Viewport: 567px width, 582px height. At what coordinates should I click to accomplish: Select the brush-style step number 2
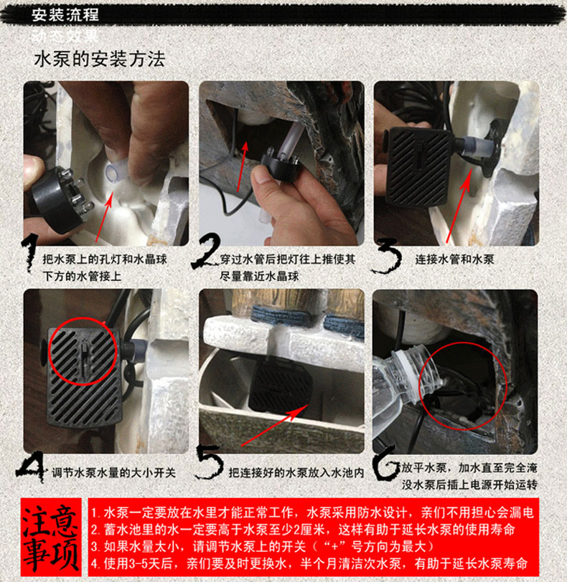207,255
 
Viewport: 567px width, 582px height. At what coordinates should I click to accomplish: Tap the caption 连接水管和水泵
454,259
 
